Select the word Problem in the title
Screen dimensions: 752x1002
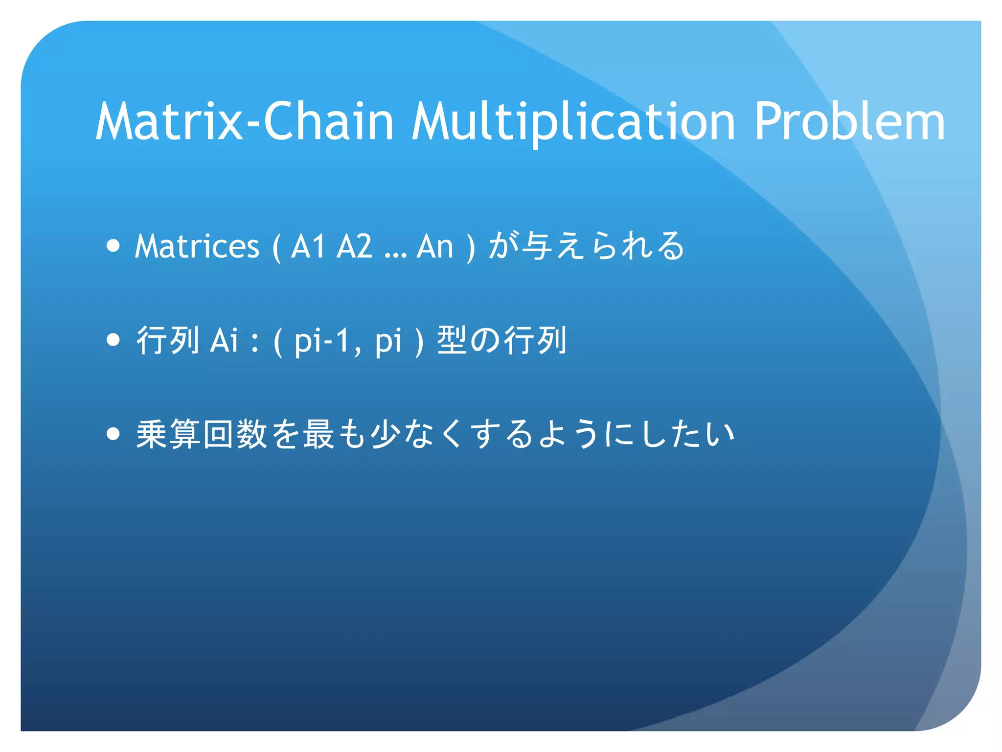[849, 121]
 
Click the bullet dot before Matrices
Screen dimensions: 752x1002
[113, 245]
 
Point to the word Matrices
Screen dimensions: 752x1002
[197, 246]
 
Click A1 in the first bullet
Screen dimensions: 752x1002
[308, 246]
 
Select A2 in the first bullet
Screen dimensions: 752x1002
[354, 246]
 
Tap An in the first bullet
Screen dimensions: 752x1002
[435, 246]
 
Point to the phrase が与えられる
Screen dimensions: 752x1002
[586, 246]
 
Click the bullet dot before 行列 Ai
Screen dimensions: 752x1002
[113, 339]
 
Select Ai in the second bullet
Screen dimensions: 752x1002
[224, 339]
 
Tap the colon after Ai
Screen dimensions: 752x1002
[254, 341]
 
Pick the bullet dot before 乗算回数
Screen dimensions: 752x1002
[113, 433]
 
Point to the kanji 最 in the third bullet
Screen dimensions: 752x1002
[319, 434]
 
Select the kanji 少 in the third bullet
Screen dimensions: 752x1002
[385, 434]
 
